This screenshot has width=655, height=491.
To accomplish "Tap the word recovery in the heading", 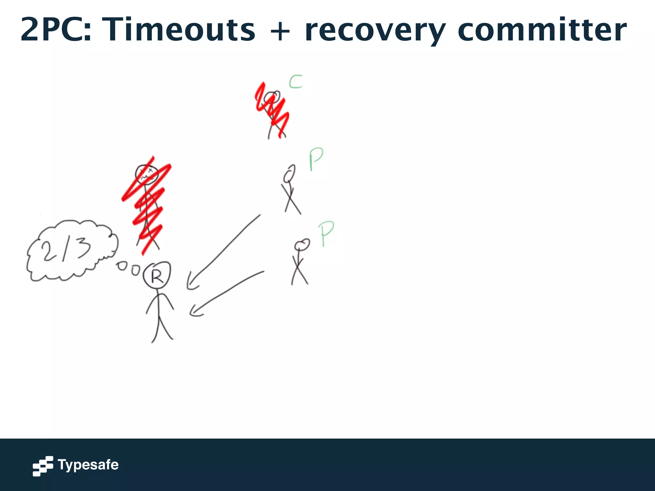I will pyautogui.click(x=375, y=30).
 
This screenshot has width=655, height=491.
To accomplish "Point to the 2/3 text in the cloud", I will pyautogui.click(x=66, y=250).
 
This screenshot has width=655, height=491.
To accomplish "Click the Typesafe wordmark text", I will pyautogui.click(x=88, y=465).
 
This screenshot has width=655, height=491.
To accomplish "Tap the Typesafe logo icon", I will pyautogui.click(x=43, y=466).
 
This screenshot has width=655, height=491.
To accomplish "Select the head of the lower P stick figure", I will pyautogui.click(x=302, y=245).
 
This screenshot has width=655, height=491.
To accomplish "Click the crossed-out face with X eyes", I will pyautogui.click(x=146, y=174).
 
